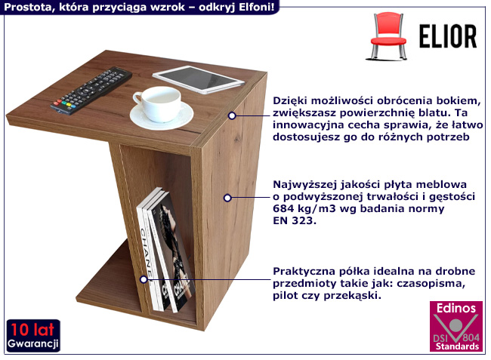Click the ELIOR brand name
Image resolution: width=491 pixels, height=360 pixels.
click(x=447, y=35)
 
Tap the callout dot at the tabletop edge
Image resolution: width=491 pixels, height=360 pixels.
click(x=233, y=115)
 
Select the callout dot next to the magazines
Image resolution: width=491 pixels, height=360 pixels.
click(x=144, y=279)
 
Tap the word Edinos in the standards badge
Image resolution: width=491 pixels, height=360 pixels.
click(x=453, y=309)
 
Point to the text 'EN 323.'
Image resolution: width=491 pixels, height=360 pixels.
click(x=293, y=221)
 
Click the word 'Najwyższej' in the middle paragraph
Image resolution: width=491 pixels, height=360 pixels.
click(x=304, y=184)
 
